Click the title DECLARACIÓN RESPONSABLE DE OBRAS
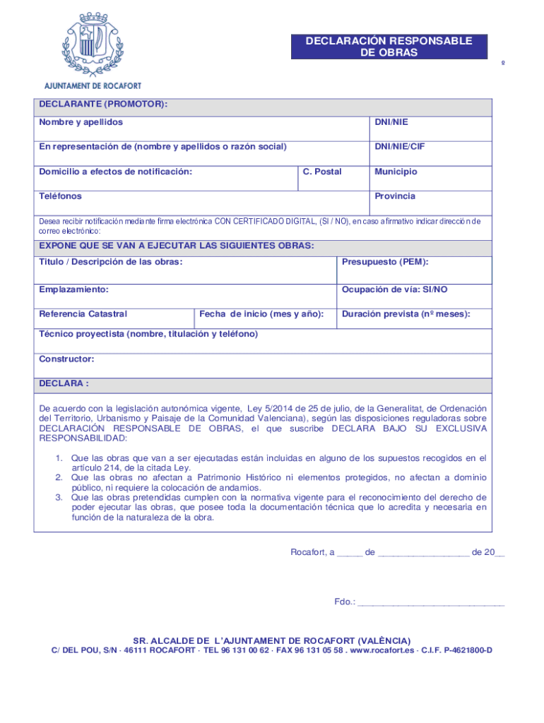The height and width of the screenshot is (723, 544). pos(389,47)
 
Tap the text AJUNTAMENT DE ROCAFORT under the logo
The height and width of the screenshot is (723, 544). pos(93,85)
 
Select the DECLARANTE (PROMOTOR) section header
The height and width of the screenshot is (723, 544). pos(103,104)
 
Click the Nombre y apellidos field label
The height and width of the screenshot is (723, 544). pos(81,122)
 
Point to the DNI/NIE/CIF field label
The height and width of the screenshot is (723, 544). pos(399,147)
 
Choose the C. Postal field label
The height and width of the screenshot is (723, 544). pos(321,172)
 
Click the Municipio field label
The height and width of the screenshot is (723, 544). pos(396,172)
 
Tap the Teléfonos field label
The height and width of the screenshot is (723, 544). pos(60,196)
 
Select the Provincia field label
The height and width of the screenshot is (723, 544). pos(395,196)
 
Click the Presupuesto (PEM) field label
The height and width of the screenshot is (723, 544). pos(385,262)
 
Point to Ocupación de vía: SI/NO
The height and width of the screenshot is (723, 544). pos(394,289)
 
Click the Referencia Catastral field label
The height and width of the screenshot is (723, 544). pos(83,313)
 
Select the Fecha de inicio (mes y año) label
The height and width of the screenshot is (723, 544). pos(261,313)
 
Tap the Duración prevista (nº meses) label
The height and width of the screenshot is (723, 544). pos(406,313)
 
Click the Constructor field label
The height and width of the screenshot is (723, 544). pos(66,359)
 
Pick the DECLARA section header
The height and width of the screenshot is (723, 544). pos(64,383)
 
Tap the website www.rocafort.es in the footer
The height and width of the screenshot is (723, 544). pos(381,650)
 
